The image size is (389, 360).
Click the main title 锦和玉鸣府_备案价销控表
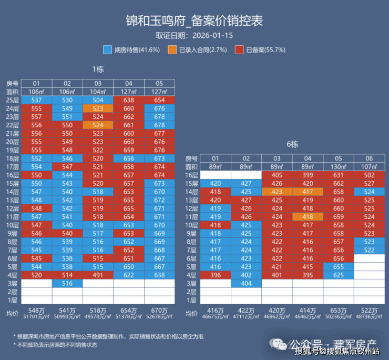(x=194, y=21)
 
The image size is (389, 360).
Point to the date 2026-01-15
(x=212, y=36)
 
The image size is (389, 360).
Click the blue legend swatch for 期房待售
(x=107, y=49)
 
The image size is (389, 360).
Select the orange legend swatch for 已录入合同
(x=172, y=49)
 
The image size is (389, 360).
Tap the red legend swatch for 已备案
(x=239, y=49)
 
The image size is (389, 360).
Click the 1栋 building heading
(x=98, y=69)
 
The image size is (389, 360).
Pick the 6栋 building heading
(x=292, y=144)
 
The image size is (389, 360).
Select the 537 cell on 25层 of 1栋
(x=36, y=100)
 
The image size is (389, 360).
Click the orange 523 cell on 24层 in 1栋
(x=98, y=108)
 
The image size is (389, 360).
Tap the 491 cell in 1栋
(x=98, y=275)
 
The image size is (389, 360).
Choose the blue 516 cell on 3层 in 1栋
(x=67, y=284)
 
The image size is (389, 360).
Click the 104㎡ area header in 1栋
(x=98, y=92)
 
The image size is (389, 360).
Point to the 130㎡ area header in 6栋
(x=339, y=167)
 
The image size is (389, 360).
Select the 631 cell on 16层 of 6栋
(x=339, y=175)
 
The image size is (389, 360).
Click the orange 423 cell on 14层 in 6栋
(x=277, y=192)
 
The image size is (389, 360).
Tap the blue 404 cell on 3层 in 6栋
(x=246, y=284)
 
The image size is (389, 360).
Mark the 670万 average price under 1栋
(x=159, y=311)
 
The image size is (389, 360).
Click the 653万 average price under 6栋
(x=339, y=311)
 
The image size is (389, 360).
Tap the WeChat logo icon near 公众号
(x=278, y=344)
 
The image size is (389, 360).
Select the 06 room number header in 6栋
(x=369, y=158)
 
